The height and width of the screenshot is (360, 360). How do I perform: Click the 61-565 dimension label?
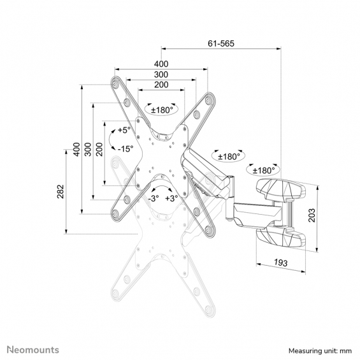pyautogui.click(x=221, y=43)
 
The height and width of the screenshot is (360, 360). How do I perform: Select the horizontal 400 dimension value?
pyautogui.click(x=161, y=64)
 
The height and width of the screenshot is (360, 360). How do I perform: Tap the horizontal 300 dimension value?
pyautogui.click(x=161, y=75)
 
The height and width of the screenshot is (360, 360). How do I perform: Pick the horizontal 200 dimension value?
pyautogui.click(x=161, y=85)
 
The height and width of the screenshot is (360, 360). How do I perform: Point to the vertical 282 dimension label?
pyautogui.click(x=61, y=192)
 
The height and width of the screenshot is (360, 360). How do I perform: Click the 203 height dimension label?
pyautogui.click(x=312, y=215)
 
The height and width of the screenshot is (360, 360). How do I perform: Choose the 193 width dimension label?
pyautogui.click(x=280, y=263)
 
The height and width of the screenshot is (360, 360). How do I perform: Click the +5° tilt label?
pyautogui.click(x=124, y=130)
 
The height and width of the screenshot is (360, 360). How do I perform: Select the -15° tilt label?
pyautogui.click(x=126, y=148)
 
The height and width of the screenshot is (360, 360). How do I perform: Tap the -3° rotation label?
pyautogui.click(x=154, y=198)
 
